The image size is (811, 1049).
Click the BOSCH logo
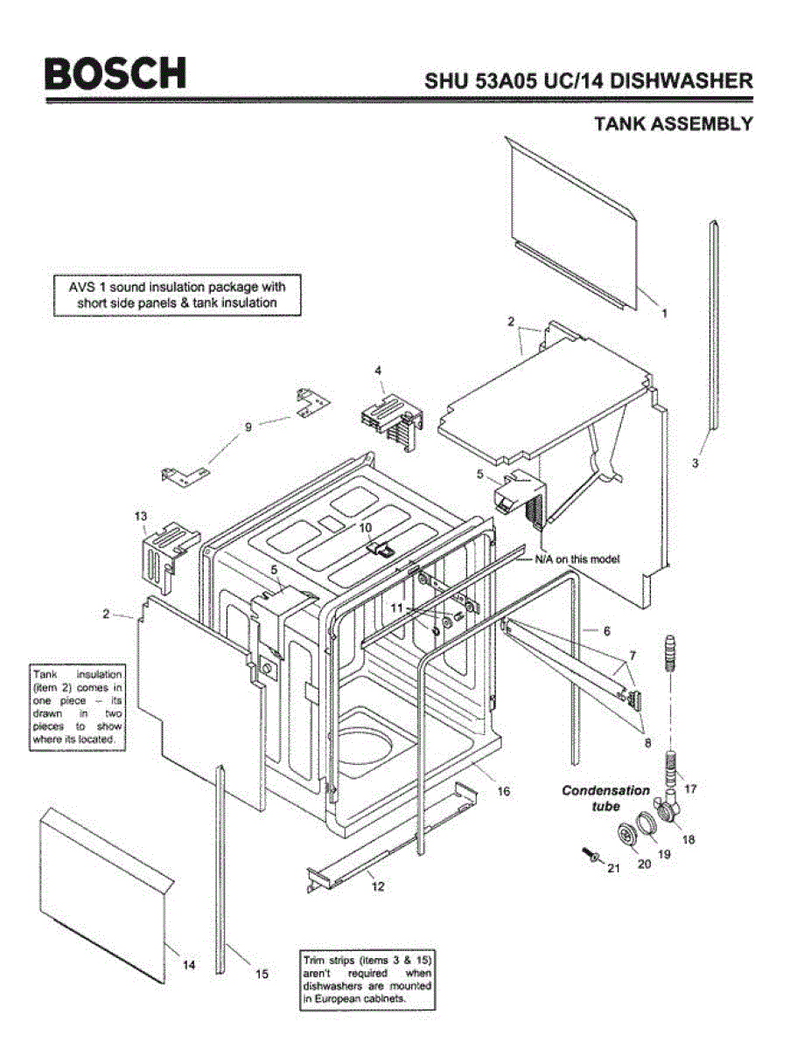tap(115, 73)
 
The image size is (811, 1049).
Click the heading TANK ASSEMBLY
tap(673, 123)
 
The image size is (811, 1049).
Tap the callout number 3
tap(695, 463)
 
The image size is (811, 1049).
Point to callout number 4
tap(378, 371)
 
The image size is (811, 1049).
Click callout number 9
tap(248, 427)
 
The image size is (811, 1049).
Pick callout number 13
tap(140, 517)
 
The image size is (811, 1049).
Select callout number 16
tap(503, 791)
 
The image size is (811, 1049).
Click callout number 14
tap(189, 965)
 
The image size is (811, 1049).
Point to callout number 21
tap(612, 868)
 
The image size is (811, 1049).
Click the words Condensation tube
tap(605, 797)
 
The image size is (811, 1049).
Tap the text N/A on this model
tap(577, 559)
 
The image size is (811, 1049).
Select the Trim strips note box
tap(367, 978)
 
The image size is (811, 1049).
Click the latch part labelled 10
tap(378, 548)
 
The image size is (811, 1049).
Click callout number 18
tap(688, 839)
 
